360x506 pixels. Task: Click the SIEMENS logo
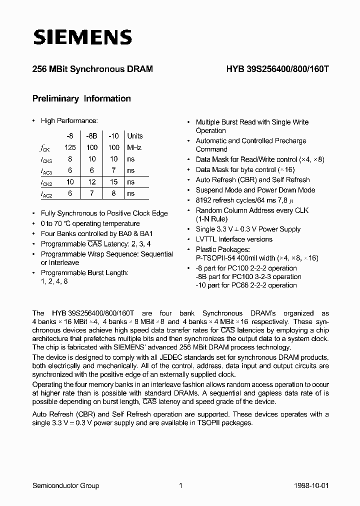pos(82,37)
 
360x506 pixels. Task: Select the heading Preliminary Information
pos(81,98)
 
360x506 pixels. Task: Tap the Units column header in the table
pos(134,135)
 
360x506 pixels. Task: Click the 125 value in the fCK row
pos(70,147)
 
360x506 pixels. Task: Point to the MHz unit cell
pos(134,147)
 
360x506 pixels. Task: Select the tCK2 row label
pos(46,182)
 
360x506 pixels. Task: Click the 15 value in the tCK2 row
pos(113,182)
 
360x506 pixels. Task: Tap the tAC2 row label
pos(46,194)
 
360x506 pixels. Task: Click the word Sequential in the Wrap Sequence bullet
pos(155,254)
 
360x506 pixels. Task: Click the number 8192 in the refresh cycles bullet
pos(204,200)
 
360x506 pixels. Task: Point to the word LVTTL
pos(206,239)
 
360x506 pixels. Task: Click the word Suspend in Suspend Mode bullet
pos(209,190)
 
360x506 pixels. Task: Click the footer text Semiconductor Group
pos(65,485)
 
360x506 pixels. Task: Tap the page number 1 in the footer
pos(181,485)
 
